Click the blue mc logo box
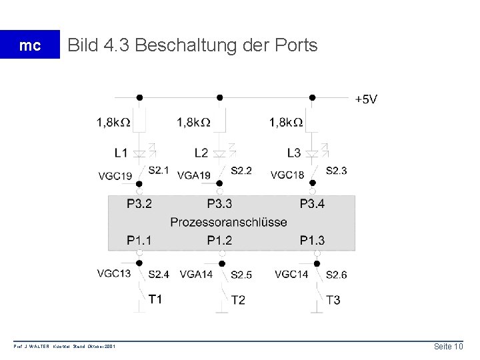click(x=29, y=45)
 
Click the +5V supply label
click(x=367, y=99)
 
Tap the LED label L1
click(x=121, y=153)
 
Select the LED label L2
click(x=201, y=153)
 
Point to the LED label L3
click(x=293, y=153)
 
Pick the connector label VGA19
click(x=195, y=176)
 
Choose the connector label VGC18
click(x=287, y=176)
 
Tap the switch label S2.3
click(x=337, y=171)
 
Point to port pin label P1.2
click(x=220, y=239)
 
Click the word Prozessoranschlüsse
click(x=229, y=222)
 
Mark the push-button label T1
click(x=155, y=299)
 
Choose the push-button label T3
click(x=333, y=301)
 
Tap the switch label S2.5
click(x=241, y=274)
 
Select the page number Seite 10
click(x=449, y=347)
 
